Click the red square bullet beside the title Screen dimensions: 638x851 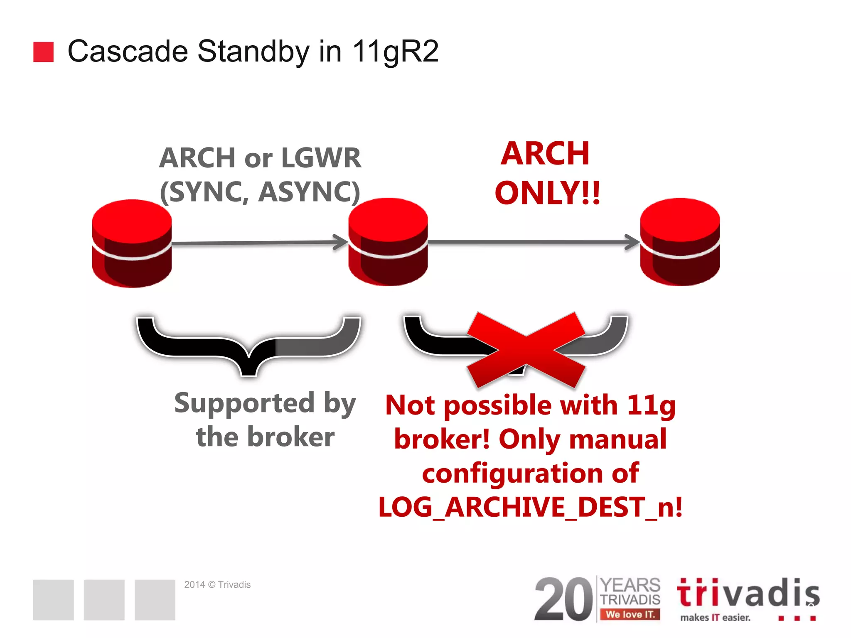tap(43, 52)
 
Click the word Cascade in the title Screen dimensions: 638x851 tap(128, 52)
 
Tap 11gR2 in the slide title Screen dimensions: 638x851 tap(395, 52)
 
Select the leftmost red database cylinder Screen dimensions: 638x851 tap(132, 243)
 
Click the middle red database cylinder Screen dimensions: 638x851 tap(388, 242)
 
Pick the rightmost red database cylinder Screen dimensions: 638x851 tap(680, 242)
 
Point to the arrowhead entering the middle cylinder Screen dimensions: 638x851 tap(342, 242)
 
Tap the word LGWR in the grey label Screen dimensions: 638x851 tap(321, 158)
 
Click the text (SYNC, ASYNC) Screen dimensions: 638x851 tap(260, 192)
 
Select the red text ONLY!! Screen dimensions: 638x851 tap(547, 194)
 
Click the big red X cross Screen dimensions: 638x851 tap(526, 349)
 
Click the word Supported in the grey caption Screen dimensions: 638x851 tap(244, 403)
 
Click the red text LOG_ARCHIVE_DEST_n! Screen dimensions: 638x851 tap(530, 507)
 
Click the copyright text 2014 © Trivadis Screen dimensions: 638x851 tap(217, 584)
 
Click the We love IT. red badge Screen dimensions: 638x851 tap(630, 614)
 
